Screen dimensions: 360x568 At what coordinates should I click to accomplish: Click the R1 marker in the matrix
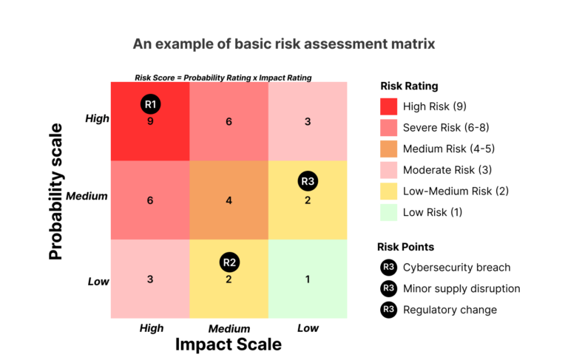point(150,103)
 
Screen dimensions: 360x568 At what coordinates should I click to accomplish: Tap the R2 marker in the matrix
point(229,262)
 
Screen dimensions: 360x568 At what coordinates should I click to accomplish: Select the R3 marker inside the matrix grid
point(308,181)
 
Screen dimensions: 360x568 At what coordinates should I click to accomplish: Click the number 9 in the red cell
point(150,121)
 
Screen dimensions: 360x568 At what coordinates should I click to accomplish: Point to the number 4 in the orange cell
point(229,200)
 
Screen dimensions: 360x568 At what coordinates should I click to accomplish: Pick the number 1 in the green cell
point(308,279)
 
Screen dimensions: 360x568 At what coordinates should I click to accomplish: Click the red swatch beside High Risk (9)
point(388,106)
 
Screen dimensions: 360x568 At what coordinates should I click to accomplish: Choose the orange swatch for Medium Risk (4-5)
point(388,149)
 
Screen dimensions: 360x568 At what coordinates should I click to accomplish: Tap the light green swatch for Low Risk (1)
point(388,212)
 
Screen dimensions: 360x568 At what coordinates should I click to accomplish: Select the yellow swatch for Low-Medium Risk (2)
point(388,191)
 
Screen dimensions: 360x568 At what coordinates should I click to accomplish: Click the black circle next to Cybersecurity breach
point(388,268)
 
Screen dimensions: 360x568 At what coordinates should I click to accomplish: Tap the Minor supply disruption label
point(461,289)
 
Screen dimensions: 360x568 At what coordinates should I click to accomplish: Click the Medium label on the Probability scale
point(87,197)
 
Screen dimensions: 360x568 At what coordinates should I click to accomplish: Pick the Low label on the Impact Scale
point(308,327)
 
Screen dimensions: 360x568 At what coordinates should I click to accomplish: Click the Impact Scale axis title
point(228,344)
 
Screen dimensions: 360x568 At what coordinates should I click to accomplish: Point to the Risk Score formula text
point(223,78)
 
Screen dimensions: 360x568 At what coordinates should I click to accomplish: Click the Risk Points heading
point(406,247)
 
